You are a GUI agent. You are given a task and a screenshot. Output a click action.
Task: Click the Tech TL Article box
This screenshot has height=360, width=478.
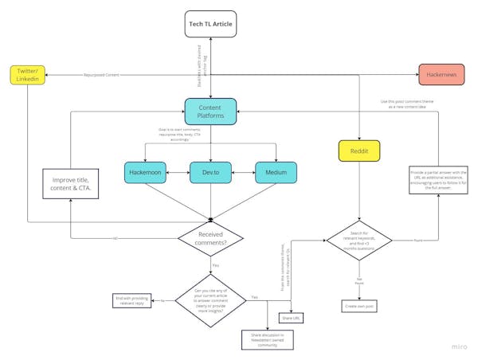click(210, 25)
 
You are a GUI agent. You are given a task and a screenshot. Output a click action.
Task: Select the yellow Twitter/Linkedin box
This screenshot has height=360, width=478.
click(28, 76)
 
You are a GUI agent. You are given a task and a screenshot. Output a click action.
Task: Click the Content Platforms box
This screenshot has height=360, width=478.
click(210, 112)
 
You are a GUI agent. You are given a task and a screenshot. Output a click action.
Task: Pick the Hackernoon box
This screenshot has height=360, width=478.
click(145, 172)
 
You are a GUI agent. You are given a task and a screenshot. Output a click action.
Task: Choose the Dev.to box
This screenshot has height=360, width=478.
click(210, 172)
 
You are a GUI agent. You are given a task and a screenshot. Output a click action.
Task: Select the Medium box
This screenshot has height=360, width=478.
click(276, 172)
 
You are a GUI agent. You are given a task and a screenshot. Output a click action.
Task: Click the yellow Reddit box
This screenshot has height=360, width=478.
click(359, 151)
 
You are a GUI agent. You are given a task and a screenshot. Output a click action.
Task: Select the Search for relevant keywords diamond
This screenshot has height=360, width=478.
click(359, 239)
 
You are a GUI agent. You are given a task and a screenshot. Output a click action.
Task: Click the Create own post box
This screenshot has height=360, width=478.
click(359, 306)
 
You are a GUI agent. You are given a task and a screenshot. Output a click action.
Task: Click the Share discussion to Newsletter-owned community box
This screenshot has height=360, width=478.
click(268, 340)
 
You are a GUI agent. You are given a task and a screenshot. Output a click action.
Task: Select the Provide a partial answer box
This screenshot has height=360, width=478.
click(440, 182)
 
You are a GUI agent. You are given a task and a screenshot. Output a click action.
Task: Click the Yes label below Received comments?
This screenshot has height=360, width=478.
click(215, 265)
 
